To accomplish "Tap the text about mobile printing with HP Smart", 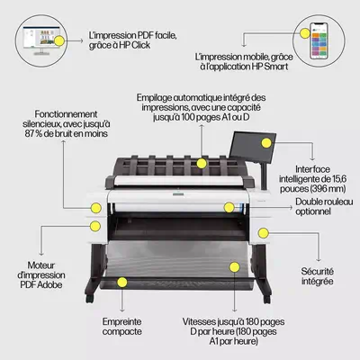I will tap(245, 60).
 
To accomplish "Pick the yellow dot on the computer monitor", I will tap(60, 40).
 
